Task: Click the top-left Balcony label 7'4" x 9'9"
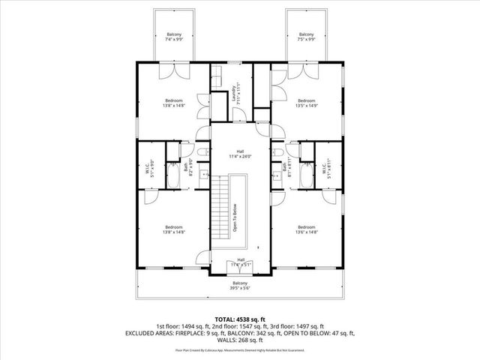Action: [174, 37]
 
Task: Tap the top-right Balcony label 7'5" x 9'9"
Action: [306, 37]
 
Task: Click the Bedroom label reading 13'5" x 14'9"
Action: [306, 103]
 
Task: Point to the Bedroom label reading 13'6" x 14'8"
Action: [306, 229]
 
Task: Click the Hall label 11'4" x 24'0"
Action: [240, 154]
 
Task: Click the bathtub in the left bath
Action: [172, 177]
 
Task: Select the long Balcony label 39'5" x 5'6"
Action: [240, 286]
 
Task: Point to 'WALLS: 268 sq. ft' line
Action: [240, 339]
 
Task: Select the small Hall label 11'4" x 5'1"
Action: [240, 262]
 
